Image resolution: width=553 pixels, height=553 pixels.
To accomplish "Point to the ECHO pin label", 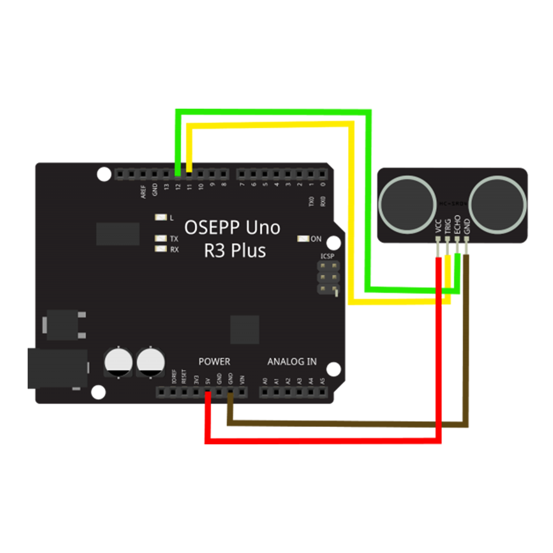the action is (457, 224).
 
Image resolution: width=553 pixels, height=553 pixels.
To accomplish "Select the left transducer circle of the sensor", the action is (407, 203).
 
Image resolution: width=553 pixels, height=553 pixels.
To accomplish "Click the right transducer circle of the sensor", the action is (498, 203).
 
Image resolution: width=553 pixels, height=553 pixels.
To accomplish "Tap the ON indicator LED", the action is (303, 239).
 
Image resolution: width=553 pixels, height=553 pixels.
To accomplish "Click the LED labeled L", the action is (161, 217).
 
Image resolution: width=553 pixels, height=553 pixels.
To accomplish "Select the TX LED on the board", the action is (161, 238).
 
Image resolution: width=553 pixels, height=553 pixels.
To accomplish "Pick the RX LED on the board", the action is (161, 249).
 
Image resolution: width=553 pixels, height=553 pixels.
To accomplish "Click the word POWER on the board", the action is (214, 362).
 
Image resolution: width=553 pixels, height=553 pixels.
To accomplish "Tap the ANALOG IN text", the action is (292, 362).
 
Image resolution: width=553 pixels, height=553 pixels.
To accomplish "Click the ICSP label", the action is (327, 256).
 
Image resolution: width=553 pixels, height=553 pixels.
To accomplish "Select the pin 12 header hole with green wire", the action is (178, 175).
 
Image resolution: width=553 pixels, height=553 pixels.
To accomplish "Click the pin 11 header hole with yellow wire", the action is (189, 175).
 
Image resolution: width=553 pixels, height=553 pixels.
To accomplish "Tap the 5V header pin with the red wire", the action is (208, 393).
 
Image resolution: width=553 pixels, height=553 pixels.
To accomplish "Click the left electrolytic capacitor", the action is (118, 362).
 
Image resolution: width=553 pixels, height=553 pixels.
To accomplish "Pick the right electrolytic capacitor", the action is (151, 362).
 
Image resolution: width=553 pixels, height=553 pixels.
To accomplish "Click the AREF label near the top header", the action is (143, 191).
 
